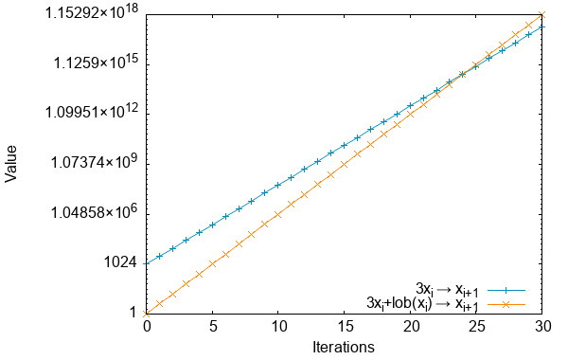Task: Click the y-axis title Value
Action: point(11,162)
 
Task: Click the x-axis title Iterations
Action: point(344,347)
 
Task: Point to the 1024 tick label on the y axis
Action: point(120,262)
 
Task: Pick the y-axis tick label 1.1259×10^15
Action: point(95,63)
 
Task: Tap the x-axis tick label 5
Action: point(213,327)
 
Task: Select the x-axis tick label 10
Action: point(278,327)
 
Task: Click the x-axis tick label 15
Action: point(345,327)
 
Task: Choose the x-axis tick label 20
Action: point(411,327)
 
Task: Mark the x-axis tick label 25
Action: point(477,327)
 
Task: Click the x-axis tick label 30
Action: point(542,327)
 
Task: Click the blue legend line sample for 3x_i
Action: point(506,288)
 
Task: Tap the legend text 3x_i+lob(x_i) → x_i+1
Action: point(422,304)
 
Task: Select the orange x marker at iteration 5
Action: point(213,263)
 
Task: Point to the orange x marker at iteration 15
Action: point(345,163)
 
